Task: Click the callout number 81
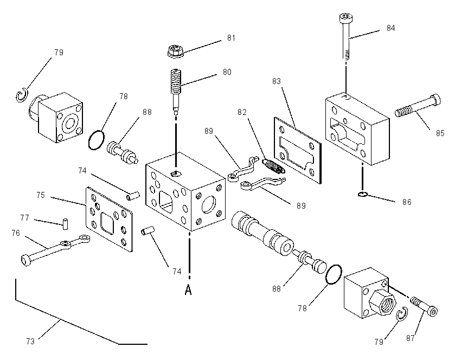tap(232, 38)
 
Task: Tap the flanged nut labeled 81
tap(176, 51)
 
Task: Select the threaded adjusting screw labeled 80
tap(176, 91)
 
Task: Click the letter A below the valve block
tap(188, 290)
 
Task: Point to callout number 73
tap(30, 342)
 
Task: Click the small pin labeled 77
tap(66, 223)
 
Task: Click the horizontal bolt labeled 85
tap(418, 106)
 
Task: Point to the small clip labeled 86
tap(362, 194)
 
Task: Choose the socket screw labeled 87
tap(424, 306)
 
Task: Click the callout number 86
tap(407, 202)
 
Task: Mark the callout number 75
tap(41, 195)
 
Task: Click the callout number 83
tap(277, 81)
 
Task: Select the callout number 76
tap(16, 233)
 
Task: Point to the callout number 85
tap(440, 133)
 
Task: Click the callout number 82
tap(242, 112)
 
